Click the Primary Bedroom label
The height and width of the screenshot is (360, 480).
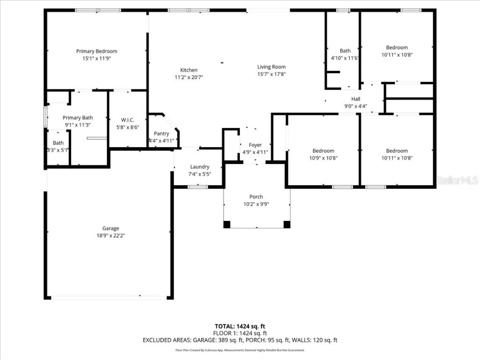[97, 51]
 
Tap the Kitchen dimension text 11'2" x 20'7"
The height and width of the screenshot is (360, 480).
[189, 77]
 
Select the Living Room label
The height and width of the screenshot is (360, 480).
[271, 67]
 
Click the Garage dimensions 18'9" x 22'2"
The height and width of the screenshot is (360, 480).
[111, 235]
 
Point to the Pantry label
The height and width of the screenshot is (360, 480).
[161, 134]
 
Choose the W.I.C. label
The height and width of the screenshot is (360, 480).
[127, 120]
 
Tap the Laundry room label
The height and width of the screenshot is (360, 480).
[200, 167]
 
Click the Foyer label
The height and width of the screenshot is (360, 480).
[255, 145]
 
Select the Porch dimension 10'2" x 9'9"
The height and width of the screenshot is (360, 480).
[256, 204]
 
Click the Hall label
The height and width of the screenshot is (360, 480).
[356, 99]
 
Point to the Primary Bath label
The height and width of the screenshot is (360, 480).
[78, 118]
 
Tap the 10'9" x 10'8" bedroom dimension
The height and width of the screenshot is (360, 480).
[323, 158]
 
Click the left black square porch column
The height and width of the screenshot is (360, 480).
[227, 225]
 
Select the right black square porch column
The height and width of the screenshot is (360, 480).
[287, 225]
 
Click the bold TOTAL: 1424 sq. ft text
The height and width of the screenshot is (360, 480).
[240, 326]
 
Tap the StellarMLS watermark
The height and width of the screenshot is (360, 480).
[457, 180]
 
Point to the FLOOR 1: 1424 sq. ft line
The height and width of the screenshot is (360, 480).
[240, 333]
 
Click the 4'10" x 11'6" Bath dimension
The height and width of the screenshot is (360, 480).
[345, 58]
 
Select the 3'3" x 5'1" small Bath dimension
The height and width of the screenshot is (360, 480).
[58, 150]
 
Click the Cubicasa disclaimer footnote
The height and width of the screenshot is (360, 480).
[240, 350]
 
